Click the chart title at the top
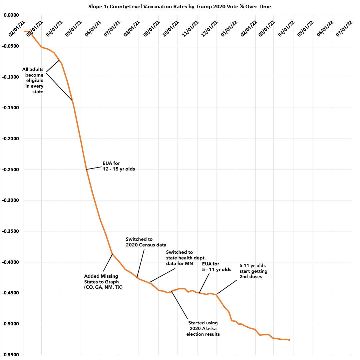coord(180,7)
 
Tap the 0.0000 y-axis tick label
coord(11,15)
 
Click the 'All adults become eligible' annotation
coord(33,80)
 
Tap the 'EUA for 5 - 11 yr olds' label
coord(216,267)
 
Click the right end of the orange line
coord(290,340)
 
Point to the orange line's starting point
coord(24,31)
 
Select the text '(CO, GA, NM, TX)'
coord(103,287)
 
